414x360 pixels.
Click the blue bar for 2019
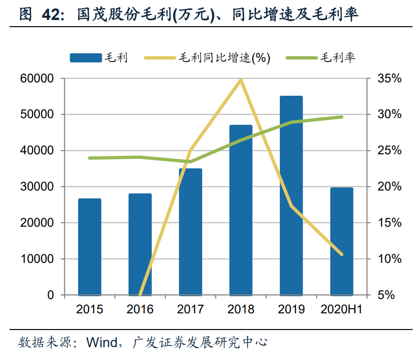click(291, 195)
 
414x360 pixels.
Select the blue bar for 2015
click(89, 247)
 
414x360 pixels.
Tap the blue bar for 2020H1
click(342, 241)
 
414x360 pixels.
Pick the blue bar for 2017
click(190, 231)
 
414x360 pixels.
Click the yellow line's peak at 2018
click(241, 80)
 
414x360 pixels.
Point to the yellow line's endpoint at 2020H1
click(342, 254)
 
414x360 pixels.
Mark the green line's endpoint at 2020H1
click(342, 117)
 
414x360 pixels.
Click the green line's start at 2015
click(89, 158)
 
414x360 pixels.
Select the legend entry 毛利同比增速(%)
click(224, 58)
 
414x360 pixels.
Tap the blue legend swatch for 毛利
click(85, 58)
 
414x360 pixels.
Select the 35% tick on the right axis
click(389, 79)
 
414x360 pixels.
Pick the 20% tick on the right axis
click(389, 187)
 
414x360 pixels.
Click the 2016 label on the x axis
click(140, 310)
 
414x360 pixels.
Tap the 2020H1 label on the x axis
click(342, 310)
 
